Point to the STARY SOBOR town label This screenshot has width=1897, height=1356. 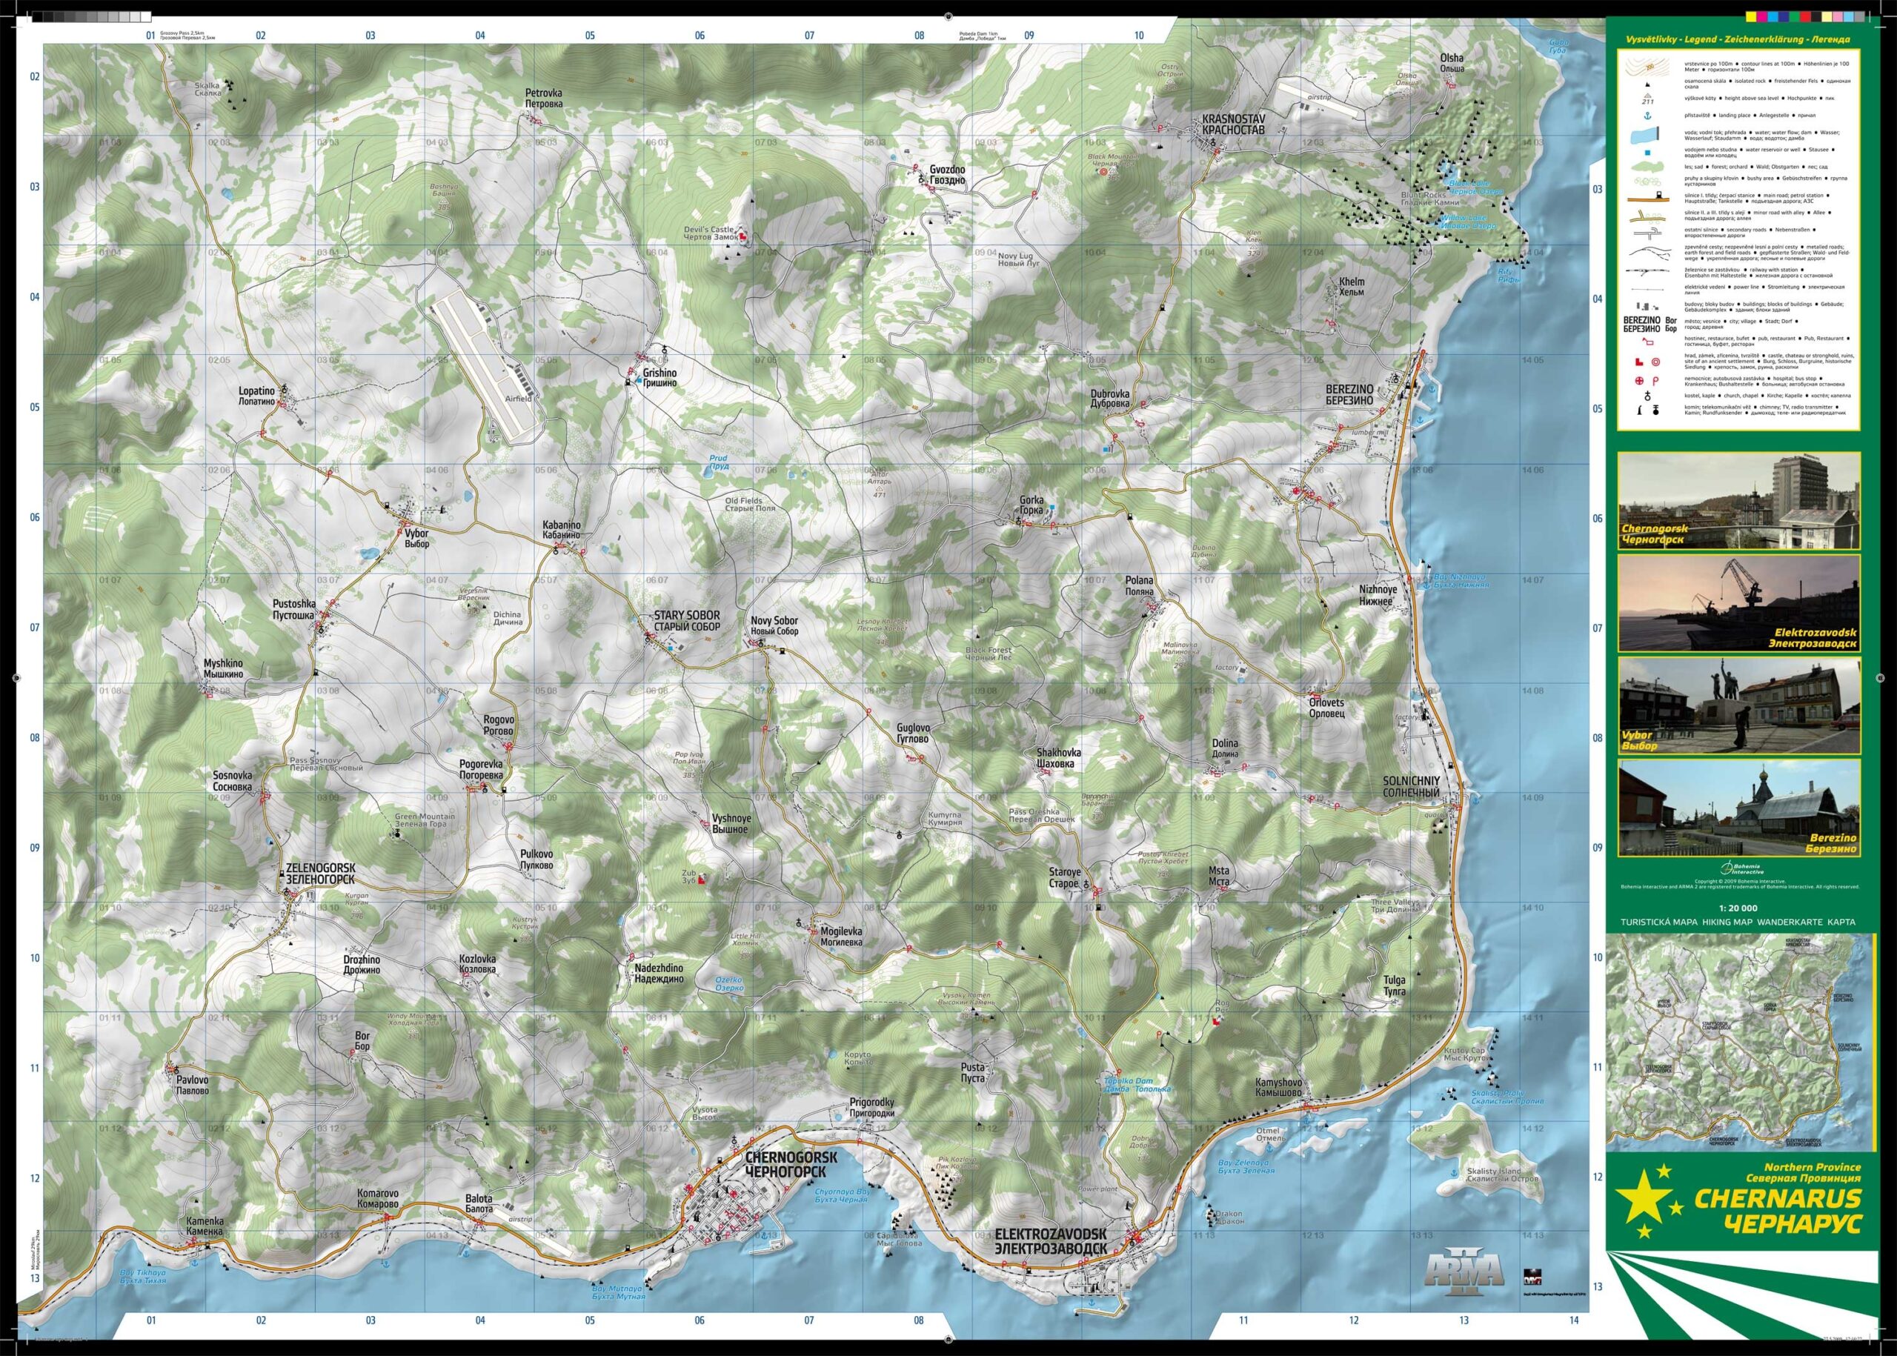(686, 620)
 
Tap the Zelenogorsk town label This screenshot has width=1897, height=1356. (321, 874)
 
